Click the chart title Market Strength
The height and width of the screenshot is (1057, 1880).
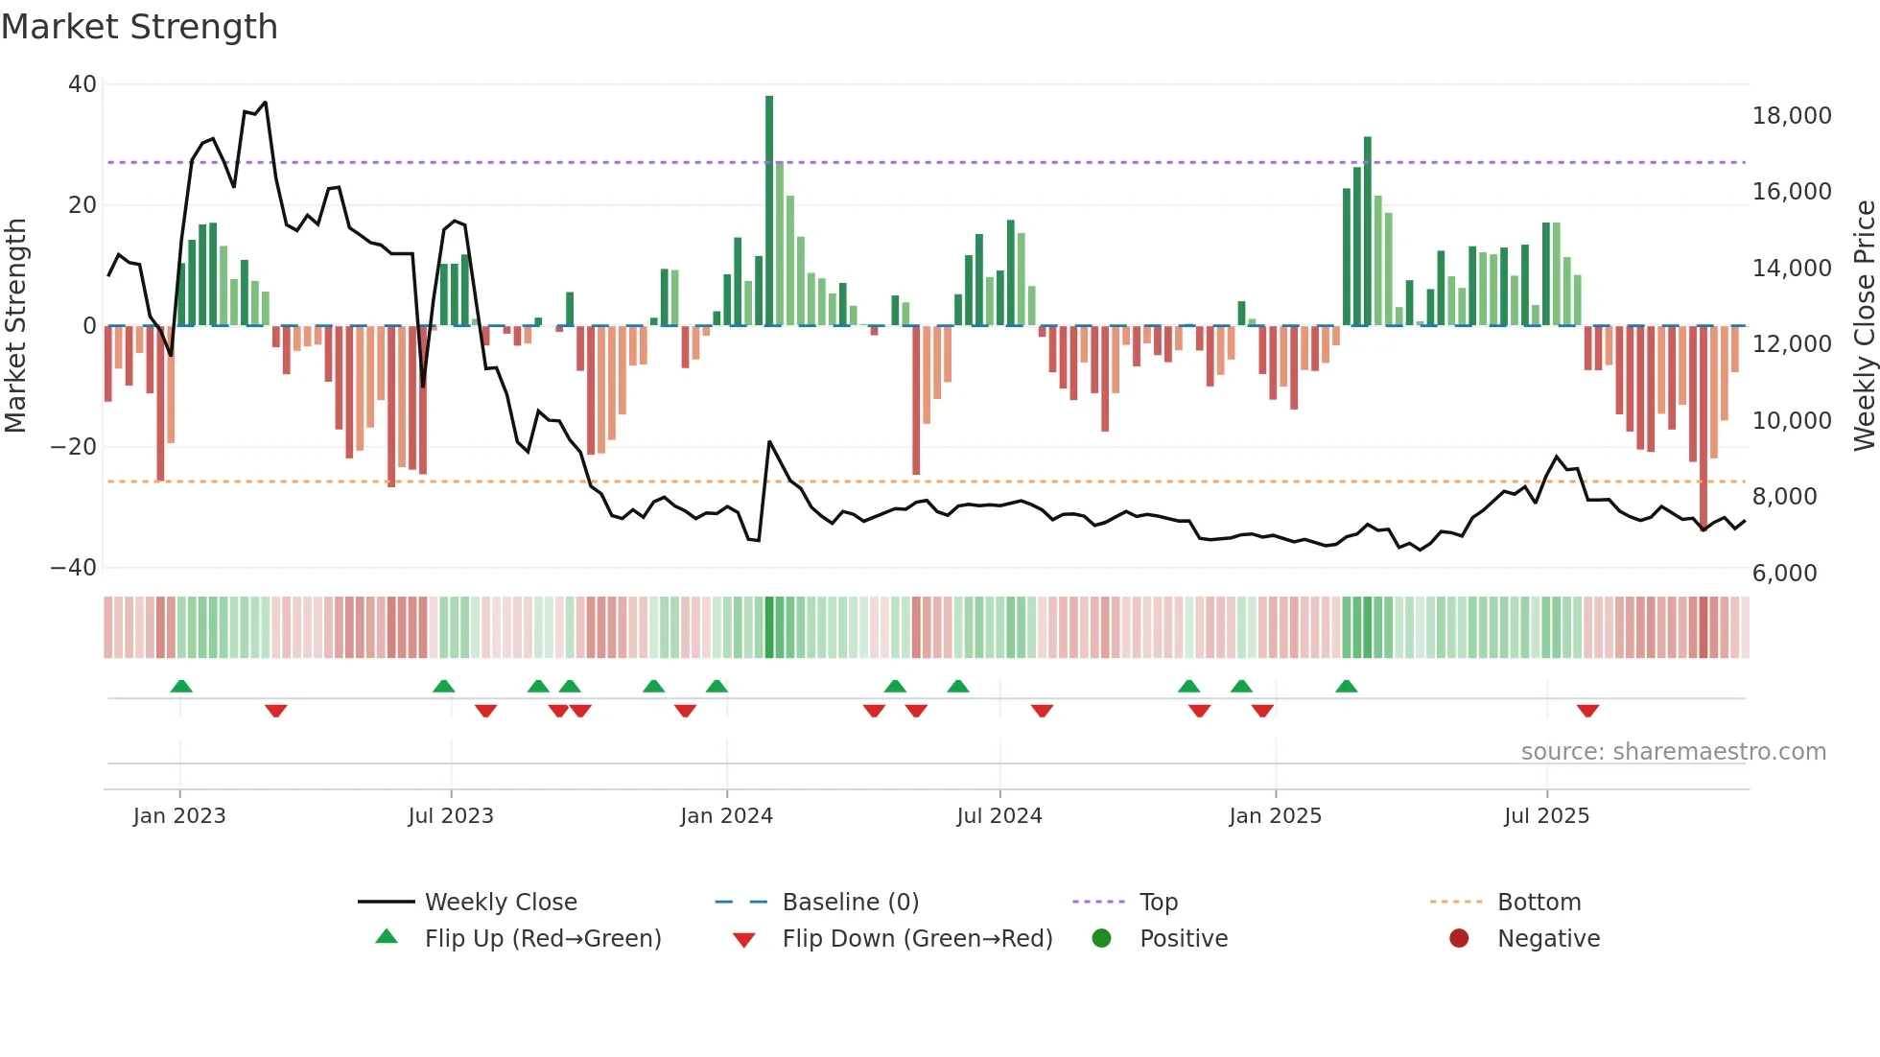139,27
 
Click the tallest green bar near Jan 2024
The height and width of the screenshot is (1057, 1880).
769,211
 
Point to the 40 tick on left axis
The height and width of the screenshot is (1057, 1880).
82,84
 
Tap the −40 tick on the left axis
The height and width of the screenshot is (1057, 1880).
74,568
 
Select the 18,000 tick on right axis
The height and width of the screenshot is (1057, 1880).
1791,116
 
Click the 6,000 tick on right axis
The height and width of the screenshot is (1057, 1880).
1784,574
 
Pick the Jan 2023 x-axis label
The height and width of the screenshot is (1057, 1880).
179,816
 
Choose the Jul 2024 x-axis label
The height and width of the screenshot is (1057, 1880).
999,816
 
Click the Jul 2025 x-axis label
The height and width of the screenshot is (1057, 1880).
1546,816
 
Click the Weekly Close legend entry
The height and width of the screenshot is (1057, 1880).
501,903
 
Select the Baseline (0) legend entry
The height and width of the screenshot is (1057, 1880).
850,903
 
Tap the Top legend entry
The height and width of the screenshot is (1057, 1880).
1158,903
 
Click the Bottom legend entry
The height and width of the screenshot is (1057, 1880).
1539,903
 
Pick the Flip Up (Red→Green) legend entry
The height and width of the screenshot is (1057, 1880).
543,939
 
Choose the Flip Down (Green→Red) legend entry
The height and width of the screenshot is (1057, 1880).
917,939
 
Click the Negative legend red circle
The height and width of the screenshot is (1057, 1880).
1459,939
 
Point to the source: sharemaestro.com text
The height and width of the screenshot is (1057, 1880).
1673,752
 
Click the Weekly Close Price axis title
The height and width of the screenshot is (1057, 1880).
1864,326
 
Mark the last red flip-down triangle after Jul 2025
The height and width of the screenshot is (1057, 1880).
1587,711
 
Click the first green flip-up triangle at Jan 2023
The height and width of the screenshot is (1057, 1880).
181,686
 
